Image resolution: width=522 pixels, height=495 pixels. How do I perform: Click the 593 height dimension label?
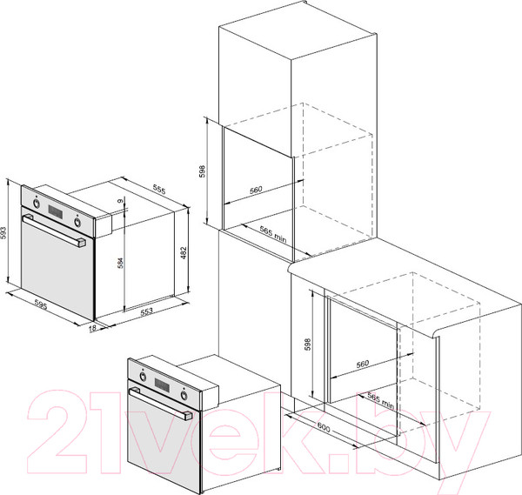[x=4, y=232]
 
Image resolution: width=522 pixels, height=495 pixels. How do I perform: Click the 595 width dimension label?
[x=41, y=305]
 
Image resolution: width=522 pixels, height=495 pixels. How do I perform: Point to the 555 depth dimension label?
[x=159, y=189]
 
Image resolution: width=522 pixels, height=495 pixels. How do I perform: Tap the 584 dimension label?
[x=121, y=263]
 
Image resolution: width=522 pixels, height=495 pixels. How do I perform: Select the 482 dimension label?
[x=184, y=253]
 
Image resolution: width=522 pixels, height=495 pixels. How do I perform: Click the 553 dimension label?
[x=146, y=311]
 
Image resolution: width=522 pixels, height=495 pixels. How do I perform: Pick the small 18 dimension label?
[x=93, y=328]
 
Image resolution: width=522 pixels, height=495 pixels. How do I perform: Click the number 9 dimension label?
[x=120, y=200]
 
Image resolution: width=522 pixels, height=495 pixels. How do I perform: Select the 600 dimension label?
[x=324, y=427]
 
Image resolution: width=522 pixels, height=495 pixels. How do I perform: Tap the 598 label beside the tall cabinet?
[x=203, y=171]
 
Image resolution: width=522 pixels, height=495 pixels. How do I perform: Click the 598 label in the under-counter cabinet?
[x=308, y=344]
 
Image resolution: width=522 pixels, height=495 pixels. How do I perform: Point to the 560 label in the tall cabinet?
[x=256, y=190]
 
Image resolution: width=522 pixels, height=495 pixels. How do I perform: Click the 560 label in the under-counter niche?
[x=363, y=364]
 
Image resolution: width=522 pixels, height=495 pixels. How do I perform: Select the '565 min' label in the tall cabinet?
[x=272, y=234]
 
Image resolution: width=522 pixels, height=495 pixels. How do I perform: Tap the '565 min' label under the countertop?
[x=381, y=400]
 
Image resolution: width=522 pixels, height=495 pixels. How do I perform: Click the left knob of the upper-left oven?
[x=36, y=203]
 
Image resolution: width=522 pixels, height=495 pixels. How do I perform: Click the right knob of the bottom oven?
[x=184, y=395]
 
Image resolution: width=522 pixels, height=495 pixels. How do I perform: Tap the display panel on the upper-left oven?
[x=56, y=212]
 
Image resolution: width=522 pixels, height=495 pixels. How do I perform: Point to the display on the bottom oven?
[x=162, y=385]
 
